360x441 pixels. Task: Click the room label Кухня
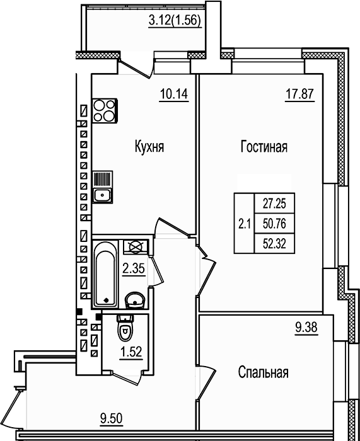click(x=149, y=147)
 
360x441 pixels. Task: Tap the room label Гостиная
click(x=264, y=147)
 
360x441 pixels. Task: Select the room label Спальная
click(x=263, y=372)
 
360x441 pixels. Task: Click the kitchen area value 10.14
click(x=175, y=96)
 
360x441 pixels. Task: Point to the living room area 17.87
click(x=298, y=96)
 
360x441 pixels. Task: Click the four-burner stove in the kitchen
click(x=104, y=111)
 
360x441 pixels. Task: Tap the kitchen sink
click(x=102, y=188)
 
